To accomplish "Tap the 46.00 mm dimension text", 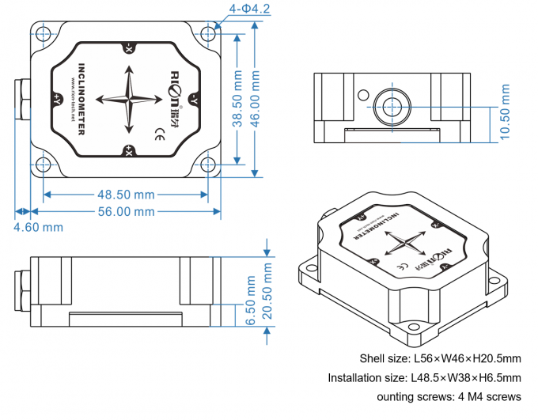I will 256,99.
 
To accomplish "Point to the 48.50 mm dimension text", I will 125,194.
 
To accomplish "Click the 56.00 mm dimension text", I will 125,211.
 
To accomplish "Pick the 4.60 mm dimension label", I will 38,228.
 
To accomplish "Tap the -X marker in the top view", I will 128,48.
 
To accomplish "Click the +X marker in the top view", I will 128,150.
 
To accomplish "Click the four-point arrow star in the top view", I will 127,99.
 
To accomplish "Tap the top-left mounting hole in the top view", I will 45,33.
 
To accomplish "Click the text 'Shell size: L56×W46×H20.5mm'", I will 440,359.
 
